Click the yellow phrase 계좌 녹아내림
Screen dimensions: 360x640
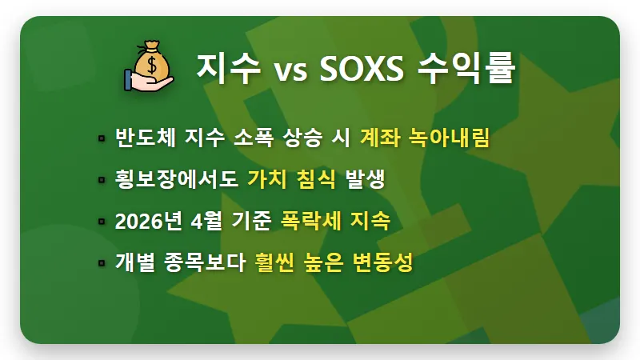(x=425, y=138)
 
